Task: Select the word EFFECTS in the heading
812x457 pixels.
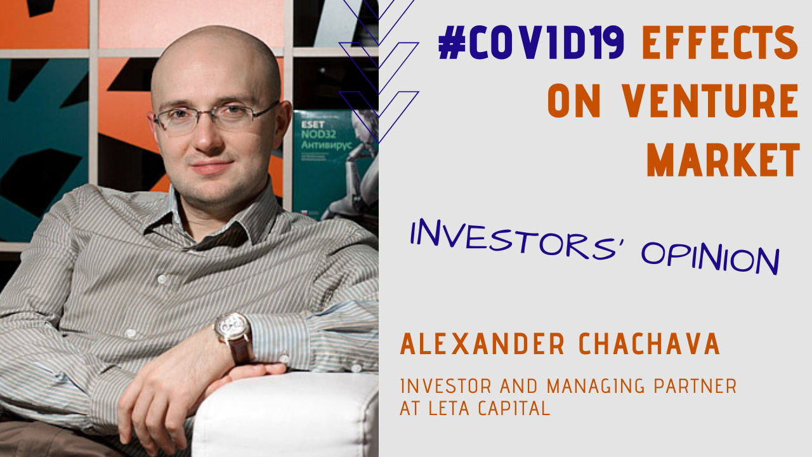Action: [x=719, y=44]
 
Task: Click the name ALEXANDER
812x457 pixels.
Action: [x=482, y=345]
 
